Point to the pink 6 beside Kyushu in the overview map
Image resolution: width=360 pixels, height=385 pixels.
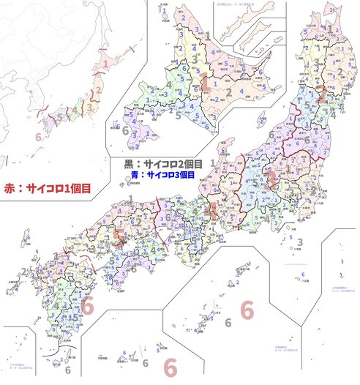coord(37,137)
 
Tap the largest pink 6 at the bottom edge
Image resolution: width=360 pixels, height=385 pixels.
coord(170,365)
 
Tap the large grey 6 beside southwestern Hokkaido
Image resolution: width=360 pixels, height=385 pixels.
coord(125,130)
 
